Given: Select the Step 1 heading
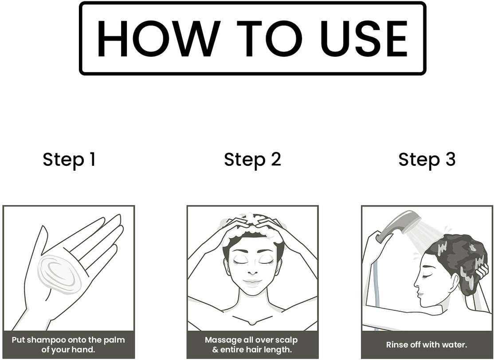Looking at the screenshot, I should pyautogui.click(x=69, y=160).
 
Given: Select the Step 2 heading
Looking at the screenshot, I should pyautogui.click(x=252, y=160).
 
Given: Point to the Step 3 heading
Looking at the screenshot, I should pyautogui.click(x=427, y=160).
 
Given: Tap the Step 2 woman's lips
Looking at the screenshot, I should pyautogui.click(x=252, y=282).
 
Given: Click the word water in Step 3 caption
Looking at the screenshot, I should pyautogui.click(x=455, y=344).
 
